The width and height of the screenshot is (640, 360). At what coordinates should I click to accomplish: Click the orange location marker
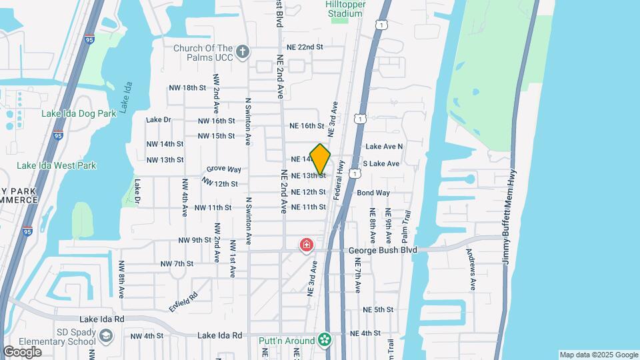coord(320,159)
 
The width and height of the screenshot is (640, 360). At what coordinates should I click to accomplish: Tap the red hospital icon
coord(307,245)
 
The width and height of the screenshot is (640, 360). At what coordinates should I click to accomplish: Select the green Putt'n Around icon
coord(325,340)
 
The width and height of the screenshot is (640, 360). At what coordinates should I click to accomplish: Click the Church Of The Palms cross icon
coord(243,51)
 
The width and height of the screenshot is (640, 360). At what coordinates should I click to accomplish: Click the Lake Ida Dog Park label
coord(79,113)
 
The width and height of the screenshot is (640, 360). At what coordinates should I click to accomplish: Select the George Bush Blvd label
coord(383,250)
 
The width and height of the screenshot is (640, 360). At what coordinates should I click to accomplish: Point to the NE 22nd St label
coord(305,47)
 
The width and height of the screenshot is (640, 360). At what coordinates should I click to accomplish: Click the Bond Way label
coord(373,193)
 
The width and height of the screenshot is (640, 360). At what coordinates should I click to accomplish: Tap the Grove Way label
coord(223,169)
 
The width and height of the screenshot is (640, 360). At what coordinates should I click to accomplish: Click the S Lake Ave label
coord(381,163)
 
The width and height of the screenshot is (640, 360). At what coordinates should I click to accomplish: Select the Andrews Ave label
coord(472,269)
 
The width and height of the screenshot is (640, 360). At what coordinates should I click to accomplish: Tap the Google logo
coord(22,352)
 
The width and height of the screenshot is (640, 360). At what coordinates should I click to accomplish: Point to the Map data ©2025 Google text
coord(598,355)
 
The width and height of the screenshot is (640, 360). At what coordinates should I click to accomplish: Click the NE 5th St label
coord(378,310)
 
